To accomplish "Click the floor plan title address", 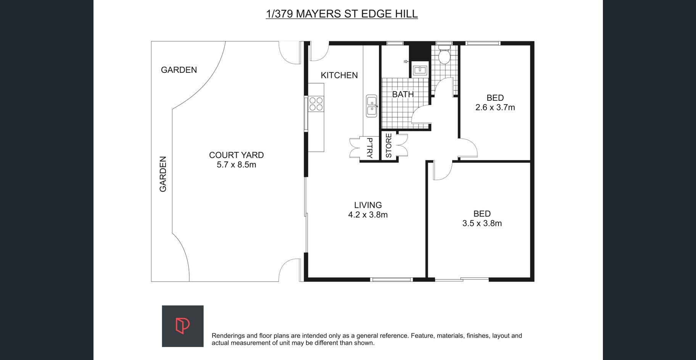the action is (342, 14).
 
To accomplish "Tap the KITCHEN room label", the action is (339, 76).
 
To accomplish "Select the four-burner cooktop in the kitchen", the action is (316, 104).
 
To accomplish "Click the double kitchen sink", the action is (372, 106).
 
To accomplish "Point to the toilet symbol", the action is (444, 55).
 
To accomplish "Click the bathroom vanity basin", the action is (420, 70).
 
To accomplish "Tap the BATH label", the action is (403, 94).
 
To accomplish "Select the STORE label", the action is (389, 146).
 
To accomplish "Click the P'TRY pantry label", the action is (369, 148).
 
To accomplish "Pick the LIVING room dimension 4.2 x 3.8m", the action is (368, 215).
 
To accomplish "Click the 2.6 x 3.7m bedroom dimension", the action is (495, 108).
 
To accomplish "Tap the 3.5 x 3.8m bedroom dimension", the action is (482, 223).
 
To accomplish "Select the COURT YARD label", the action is (236, 155).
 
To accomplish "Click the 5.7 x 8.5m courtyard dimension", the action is (236, 165).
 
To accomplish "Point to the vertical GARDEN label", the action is (163, 174).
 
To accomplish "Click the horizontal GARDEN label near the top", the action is (179, 70).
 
